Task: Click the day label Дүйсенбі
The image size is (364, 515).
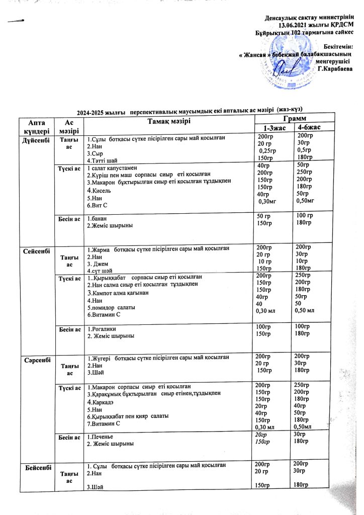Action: [x=37, y=138]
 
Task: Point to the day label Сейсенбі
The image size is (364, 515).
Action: [x=37, y=250]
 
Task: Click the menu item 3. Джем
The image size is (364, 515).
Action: [x=99, y=263]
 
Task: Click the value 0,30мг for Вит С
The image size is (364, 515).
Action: [x=269, y=202]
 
